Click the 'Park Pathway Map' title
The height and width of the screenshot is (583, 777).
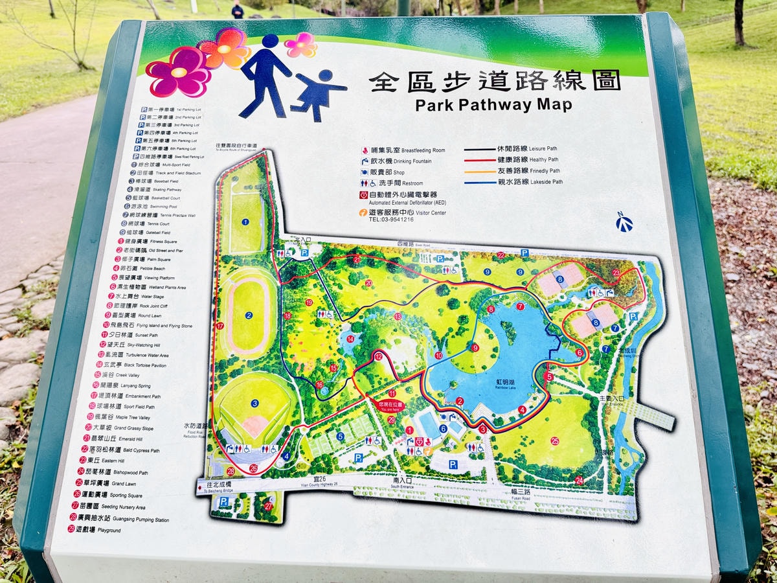coord(493,104)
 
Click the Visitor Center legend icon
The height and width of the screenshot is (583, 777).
coord(364,212)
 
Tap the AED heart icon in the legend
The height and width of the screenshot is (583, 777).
coord(364,194)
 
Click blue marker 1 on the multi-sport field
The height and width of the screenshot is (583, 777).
coord(245,222)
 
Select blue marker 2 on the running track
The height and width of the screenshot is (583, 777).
coord(249,315)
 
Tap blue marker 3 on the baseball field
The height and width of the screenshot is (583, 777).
coord(255,404)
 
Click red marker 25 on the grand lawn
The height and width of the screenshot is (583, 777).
coord(555,441)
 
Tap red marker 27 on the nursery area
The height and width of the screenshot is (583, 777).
coord(268,506)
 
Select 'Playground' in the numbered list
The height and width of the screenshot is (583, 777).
coord(107,530)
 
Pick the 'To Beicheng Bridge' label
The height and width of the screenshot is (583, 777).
coord(220,487)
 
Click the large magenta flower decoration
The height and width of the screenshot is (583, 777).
coord(179,72)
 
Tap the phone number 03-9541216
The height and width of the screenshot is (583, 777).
coord(391,220)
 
